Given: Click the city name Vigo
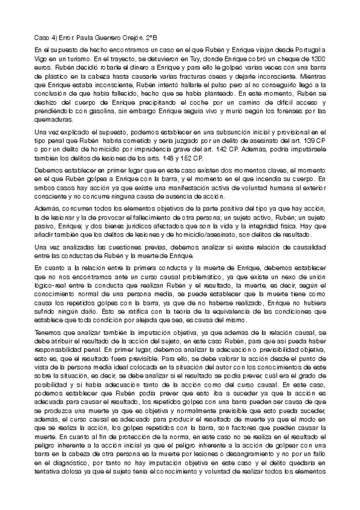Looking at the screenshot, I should [x=41, y=60].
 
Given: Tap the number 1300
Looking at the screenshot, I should [x=317, y=60].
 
